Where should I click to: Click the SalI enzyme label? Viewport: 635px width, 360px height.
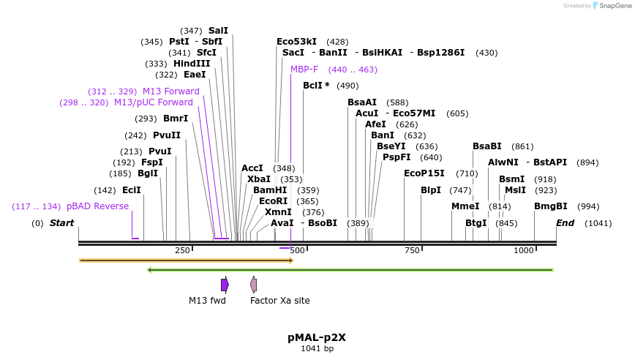tap(218, 31)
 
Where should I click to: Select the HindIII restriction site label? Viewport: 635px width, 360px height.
tap(192, 64)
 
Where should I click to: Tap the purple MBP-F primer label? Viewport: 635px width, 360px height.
tap(304, 70)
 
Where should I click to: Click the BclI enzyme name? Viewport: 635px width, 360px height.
tap(312, 86)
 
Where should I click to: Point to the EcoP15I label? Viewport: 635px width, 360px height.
tap(424, 173)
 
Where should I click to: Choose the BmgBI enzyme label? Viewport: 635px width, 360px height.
tap(551, 206)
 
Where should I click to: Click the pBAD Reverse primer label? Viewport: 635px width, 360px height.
tap(97, 206)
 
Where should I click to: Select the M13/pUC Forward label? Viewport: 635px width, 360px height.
tap(154, 102)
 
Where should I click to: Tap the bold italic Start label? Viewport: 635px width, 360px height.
tap(61, 223)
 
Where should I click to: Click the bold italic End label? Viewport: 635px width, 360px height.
tap(565, 223)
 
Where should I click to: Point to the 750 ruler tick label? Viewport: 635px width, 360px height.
tap(412, 250)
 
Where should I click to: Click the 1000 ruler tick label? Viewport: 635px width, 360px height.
tap(524, 250)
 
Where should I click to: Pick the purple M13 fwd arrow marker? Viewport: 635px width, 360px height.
tap(225, 285)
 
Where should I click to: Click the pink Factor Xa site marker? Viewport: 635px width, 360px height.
tap(253, 285)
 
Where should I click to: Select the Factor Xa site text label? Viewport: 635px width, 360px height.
tap(279, 301)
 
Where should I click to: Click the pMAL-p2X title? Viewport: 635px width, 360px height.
tap(317, 337)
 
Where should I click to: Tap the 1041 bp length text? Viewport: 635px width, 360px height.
tap(317, 349)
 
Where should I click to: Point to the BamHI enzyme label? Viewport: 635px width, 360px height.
tap(270, 190)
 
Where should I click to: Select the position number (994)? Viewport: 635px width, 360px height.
tap(588, 206)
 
